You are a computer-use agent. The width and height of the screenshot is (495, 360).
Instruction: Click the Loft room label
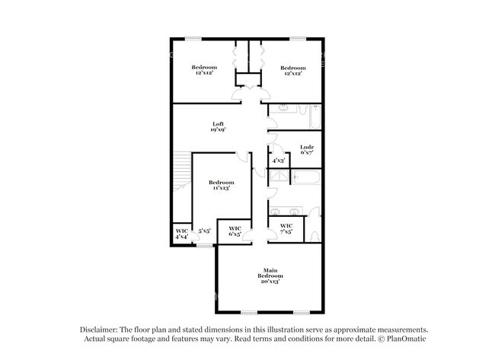[x=217, y=127]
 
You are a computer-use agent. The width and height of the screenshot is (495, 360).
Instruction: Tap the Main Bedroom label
[x=270, y=276]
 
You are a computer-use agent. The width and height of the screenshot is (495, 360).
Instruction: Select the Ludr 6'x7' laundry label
[x=308, y=150]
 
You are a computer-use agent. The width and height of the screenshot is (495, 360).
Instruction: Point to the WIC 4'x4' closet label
[x=181, y=234]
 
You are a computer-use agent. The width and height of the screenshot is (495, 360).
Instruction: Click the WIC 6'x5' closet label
[x=235, y=231]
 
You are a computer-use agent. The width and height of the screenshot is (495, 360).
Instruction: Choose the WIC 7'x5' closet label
[x=286, y=229]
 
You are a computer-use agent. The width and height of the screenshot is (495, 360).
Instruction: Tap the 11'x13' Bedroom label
[x=221, y=185]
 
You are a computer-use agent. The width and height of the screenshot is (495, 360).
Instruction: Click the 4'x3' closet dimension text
[x=279, y=161]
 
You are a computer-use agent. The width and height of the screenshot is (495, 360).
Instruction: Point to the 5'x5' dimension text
[x=204, y=231]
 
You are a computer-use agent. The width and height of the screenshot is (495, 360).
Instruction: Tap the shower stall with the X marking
[x=280, y=178]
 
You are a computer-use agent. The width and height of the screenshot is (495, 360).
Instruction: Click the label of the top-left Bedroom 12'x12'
[x=202, y=70]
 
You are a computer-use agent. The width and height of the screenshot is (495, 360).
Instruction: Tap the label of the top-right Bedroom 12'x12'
[x=292, y=70]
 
